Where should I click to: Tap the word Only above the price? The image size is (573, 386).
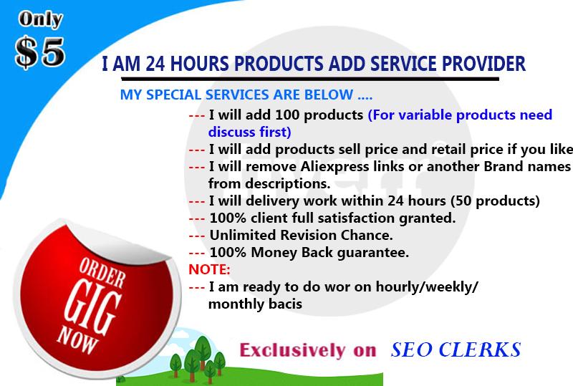point(39,20)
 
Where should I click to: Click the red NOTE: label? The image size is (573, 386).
point(209,269)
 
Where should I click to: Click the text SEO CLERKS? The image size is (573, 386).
point(456,350)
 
